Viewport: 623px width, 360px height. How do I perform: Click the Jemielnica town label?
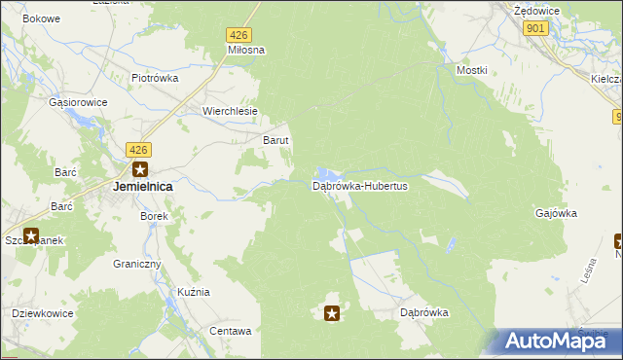(143, 186)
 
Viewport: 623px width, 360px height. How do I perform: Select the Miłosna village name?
(246, 50)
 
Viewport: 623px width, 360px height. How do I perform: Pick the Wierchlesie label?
(230, 111)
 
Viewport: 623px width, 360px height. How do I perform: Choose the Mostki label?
(471, 71)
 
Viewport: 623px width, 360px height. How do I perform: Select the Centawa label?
(231, 331)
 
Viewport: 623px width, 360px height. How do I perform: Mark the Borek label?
(155, 216)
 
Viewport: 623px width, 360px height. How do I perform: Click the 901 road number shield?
(535, 29)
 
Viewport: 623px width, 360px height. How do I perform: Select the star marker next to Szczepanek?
(30, 235)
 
